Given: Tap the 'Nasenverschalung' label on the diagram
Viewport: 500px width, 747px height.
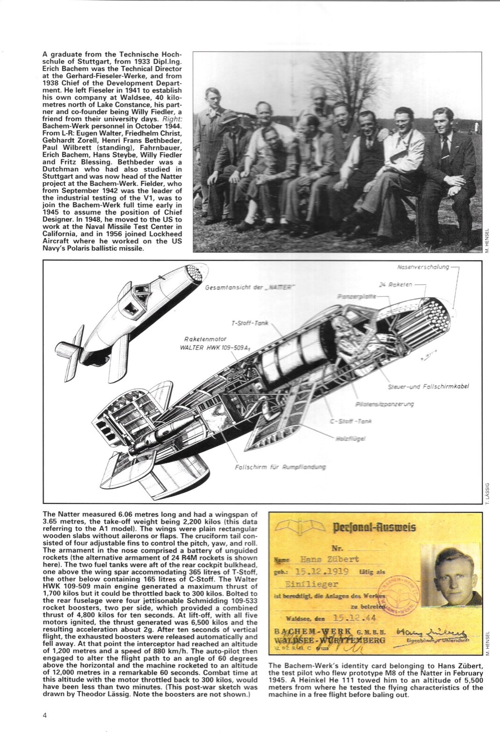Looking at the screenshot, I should [423, 268].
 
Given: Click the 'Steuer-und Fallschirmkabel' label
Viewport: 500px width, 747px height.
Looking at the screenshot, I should [428, 387].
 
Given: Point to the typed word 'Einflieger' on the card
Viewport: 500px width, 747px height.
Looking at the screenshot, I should [319, 584].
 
